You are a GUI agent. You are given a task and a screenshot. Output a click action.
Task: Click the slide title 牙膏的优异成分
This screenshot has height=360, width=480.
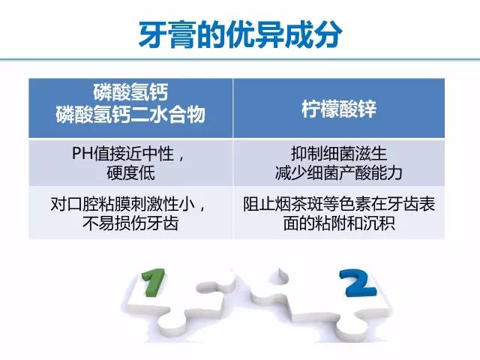(x=240, y=34)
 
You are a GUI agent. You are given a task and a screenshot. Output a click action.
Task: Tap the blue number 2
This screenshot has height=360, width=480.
(x=358, y=283)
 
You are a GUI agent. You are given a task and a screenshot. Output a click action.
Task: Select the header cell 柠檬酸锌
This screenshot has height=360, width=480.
(x=339, y=109)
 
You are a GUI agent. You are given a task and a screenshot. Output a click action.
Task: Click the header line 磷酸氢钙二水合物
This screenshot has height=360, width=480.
(x=130, y=115)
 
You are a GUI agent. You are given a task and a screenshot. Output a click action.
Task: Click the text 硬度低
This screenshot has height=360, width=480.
(x=130, y=173)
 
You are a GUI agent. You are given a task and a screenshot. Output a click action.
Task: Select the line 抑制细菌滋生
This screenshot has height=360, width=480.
(x=339, y=153)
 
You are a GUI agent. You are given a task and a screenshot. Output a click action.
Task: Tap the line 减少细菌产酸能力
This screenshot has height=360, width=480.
(x=339, y=173)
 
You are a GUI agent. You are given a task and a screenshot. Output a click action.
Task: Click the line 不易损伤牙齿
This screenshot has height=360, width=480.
(x=130, y=223)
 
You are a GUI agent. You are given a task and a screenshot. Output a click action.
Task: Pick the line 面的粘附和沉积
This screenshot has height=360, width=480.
(x=339, y=223)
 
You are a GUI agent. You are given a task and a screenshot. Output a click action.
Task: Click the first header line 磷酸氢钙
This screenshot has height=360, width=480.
(x=130, y=92)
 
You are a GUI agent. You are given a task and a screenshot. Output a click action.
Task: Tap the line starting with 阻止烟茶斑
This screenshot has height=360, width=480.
(x=339, y=204)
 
